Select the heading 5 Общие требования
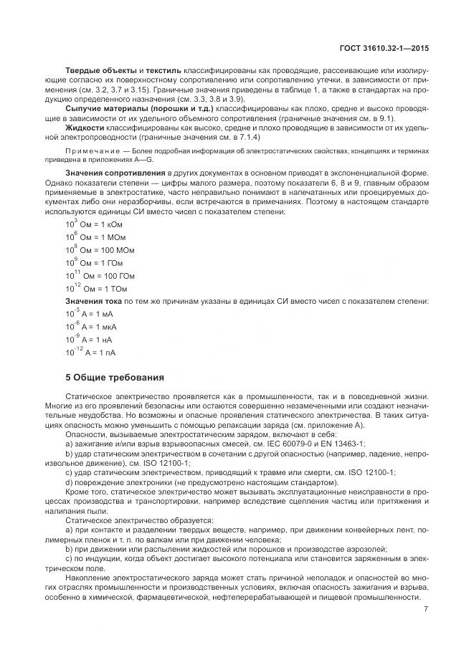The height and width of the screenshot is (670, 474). [x=115, y=377]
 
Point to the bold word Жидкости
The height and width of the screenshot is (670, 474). [x=85, y=127]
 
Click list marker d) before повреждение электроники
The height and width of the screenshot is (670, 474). [x=69, y=482]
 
